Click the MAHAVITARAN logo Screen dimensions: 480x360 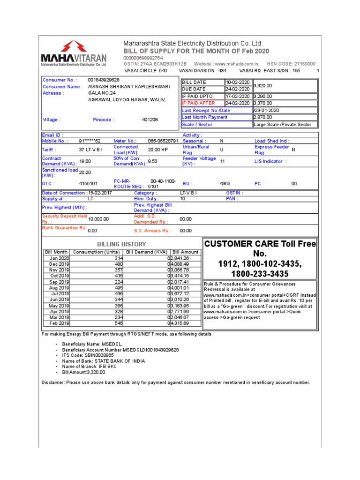pos(74,53)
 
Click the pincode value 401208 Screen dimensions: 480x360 pos(150,120)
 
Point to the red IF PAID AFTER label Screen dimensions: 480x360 pos(198,103)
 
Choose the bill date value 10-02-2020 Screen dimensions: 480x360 pos(238,82)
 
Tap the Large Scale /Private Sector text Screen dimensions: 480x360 pos(282,125)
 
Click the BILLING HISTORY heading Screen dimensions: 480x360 pos(121,244)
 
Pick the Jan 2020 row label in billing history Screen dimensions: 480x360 pos(60,258)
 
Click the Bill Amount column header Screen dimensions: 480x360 pos(186,252)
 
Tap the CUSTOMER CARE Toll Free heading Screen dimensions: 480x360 pos(259,244)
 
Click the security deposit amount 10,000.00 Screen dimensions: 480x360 pos(98,219)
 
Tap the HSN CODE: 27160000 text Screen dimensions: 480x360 pos(291,64)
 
